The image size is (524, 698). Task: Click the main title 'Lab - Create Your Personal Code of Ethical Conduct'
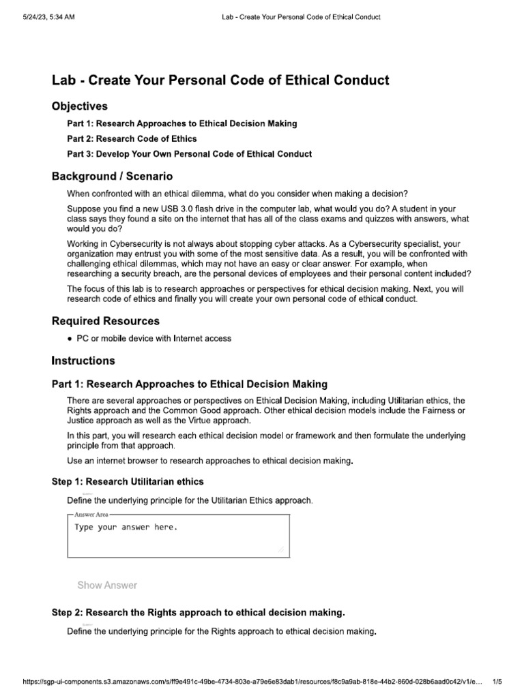point(220,80)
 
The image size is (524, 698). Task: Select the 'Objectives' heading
point(80,106)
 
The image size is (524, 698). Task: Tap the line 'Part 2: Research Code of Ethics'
point(132,139)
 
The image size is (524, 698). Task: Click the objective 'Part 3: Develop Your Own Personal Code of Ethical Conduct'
point(189,154)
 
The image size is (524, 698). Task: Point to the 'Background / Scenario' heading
point(112,177)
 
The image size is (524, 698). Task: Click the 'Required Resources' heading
point(106,320)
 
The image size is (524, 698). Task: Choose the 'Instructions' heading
point(83,361)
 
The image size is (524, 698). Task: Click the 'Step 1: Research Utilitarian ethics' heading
point(128,481)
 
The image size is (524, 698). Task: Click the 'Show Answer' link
point(107,585)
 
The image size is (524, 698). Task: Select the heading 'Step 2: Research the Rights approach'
point(198,613)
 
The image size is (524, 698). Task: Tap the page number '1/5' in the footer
point(497,682)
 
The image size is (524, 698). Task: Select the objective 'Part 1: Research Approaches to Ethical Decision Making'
point(181,123)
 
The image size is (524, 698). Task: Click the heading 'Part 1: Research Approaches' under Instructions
point(189,384)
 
